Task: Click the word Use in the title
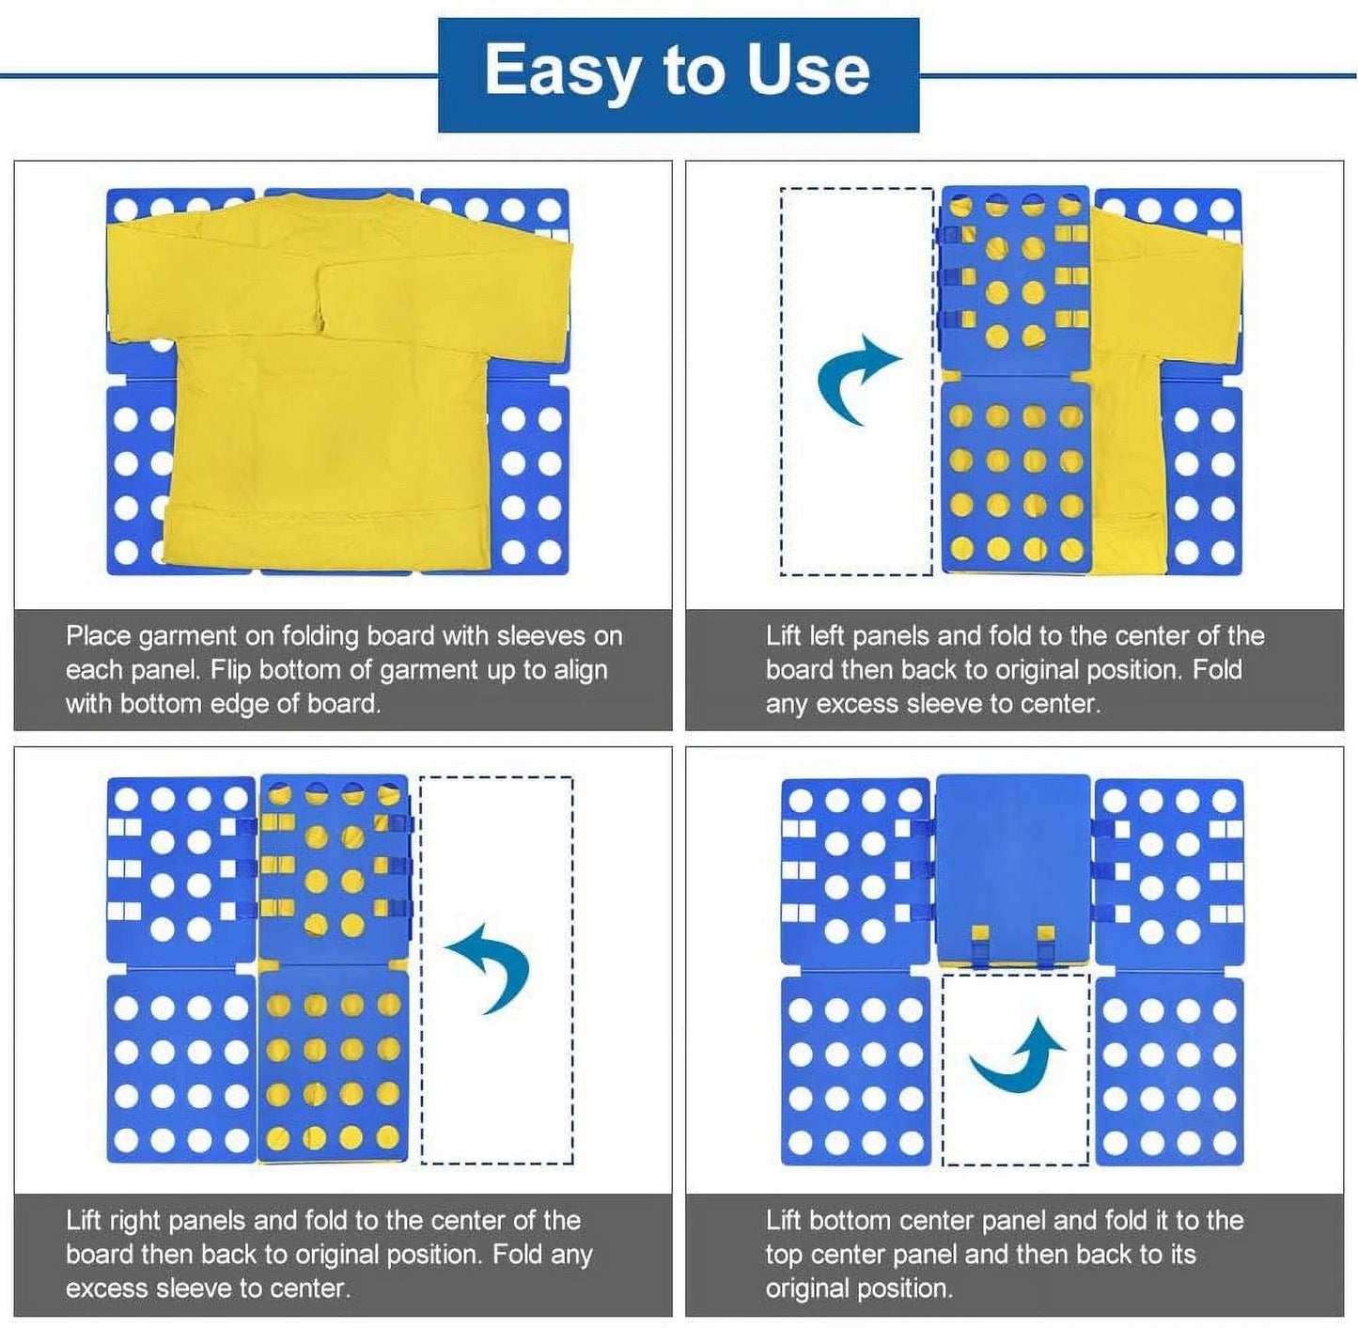[x=808, y=70]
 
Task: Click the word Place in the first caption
[x=99, y=636]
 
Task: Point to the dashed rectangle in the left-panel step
[x=857, y=382]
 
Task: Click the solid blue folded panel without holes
[x=1013, y=868]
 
